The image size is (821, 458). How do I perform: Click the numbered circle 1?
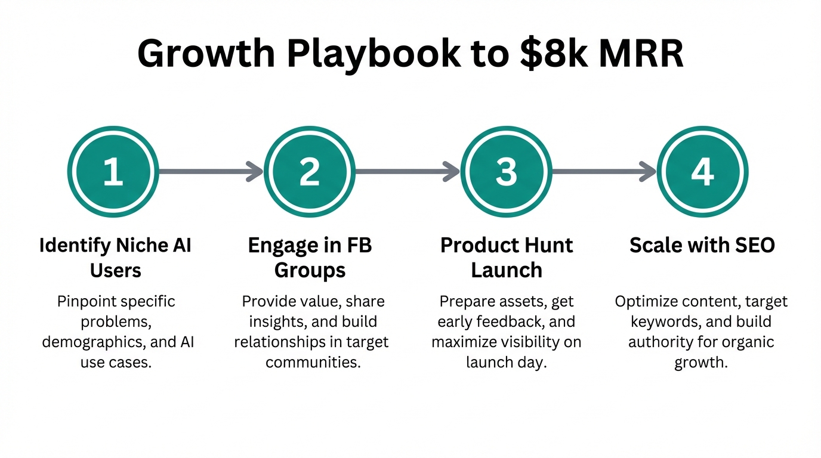pos(113,172)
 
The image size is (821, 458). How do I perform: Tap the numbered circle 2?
pos(310,172)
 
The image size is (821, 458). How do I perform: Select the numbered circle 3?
pos(506,172)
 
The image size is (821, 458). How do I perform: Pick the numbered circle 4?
pos(702,172)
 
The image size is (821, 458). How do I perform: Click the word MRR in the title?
pos(642,54)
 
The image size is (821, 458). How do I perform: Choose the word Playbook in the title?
pos(374,54)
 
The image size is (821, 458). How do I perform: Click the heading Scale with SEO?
pos(702,245)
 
